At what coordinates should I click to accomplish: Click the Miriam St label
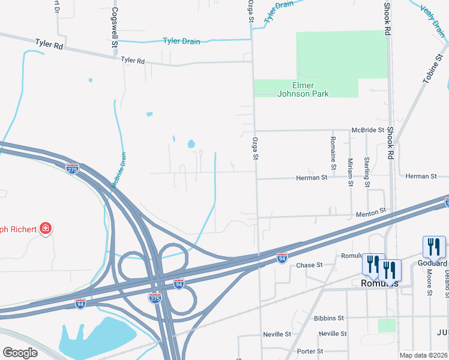click(350, 172)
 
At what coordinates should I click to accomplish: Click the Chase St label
click(310, 265)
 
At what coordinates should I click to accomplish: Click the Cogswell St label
click(113, 28)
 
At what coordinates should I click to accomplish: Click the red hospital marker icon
click(45, 228)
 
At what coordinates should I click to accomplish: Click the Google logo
click(20, 353)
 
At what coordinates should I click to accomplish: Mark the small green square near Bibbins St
click(387, 325)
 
